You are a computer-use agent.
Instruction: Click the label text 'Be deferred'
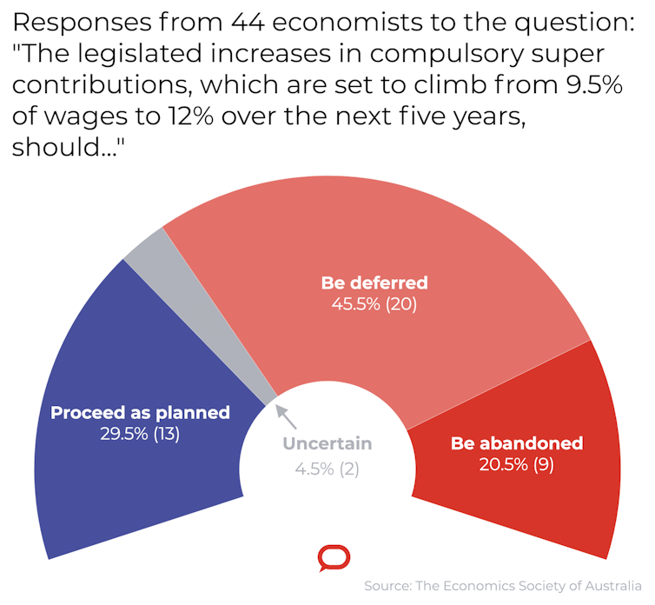[x=374, y=283]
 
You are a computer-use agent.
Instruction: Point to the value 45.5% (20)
[x=374, y=305]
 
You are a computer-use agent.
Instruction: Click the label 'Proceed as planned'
[x=140, y=412]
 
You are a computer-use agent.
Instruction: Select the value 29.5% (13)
[x=140, y=434]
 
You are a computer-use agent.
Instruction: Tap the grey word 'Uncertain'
[x=327, y=444]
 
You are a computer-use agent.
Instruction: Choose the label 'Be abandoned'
[x=516, y=443]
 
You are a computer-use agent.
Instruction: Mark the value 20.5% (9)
[x=516, y=465]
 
